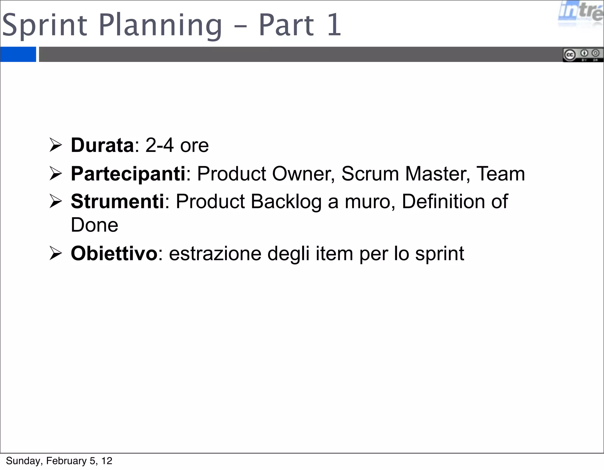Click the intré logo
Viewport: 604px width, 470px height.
580,13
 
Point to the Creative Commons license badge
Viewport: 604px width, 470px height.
582,55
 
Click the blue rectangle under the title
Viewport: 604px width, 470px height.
18,54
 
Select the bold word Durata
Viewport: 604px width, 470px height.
102,145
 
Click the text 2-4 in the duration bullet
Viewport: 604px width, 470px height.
159,145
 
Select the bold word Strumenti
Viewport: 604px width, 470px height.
117,201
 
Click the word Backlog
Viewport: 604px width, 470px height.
286,202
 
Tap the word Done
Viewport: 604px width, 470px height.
94,225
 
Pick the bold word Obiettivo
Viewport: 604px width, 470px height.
114,253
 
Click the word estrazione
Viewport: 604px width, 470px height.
215,253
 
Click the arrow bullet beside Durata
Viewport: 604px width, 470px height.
55,145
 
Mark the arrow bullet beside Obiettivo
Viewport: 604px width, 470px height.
55,253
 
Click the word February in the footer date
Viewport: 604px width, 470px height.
66,461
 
